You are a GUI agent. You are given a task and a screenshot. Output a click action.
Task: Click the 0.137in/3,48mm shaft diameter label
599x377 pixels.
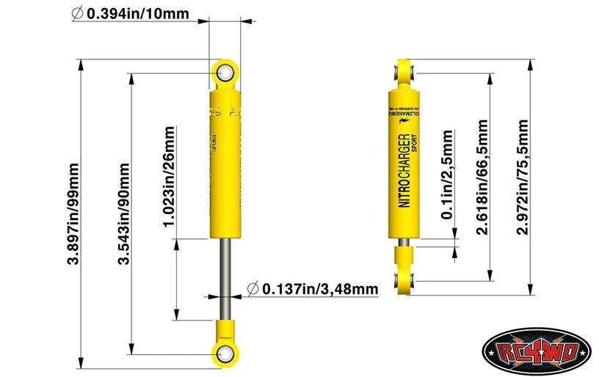(319, 288)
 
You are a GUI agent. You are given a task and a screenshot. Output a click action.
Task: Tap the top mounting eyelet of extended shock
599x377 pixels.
(225, 72)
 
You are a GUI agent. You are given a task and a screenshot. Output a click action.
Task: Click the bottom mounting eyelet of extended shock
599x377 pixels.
(225, 351)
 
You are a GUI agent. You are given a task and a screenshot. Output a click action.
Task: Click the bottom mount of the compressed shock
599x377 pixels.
(404, 279)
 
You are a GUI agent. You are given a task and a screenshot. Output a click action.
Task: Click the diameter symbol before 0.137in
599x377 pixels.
(253, 288)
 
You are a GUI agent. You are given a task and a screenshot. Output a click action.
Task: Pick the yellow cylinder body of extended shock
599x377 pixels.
(225, 161)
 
